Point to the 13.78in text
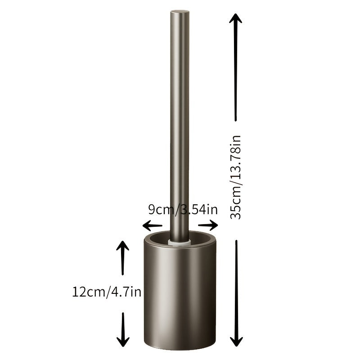pos(236,157)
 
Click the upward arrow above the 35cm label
pos(236,67)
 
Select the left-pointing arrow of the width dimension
pos(152,225)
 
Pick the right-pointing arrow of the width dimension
pos(208,225)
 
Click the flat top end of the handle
pos(179,11)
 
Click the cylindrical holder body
pos(180,297)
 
